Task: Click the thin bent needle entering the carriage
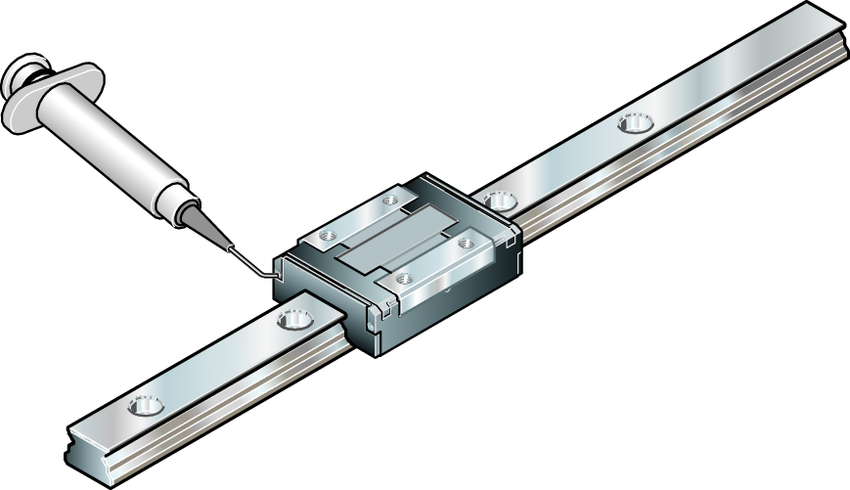click(x=249, y=259)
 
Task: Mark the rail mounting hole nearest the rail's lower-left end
click(x=146, y=404)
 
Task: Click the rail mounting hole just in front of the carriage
click(x=293, y=319)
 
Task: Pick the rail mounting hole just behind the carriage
click(x=501, y=200)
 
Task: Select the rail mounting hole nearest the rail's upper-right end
click(x=634, y=124)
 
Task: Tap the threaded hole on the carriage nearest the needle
click(x=325, y=236)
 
